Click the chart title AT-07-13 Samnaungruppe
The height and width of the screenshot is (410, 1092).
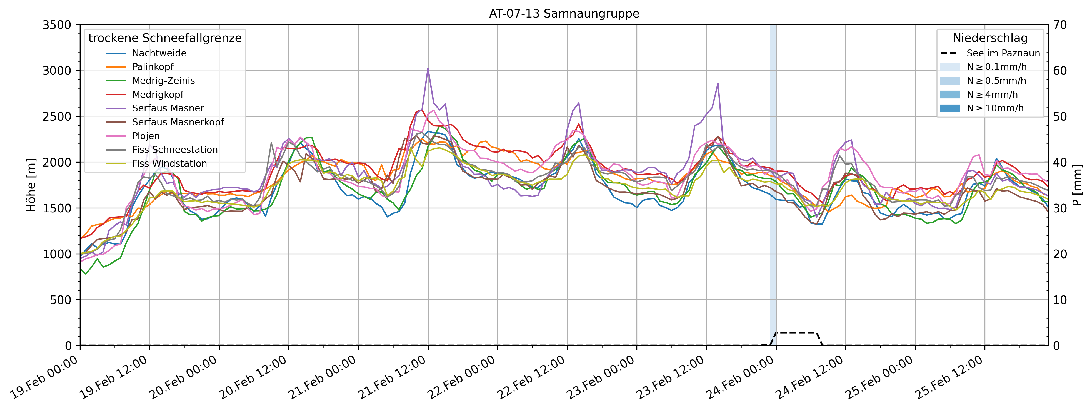pyautogui.click(x=564, y=14)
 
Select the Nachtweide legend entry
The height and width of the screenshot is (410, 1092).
pyautogui.click(x=159, y=53)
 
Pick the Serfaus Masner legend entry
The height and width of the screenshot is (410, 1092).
pyautogui.click(x=168, y=108)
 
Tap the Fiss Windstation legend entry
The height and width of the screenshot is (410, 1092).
pyautogui.click(x=169, y=164)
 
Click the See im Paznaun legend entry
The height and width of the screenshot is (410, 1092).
pyautogui.click(x=1003, y=53)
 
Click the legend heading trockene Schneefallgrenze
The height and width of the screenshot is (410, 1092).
pyautogui.click(x=165, y=38)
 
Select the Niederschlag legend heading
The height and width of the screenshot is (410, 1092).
pyautogui.click(x=990, y=38)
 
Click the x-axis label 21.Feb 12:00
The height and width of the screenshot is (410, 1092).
pyautogui.click(x=392, y=378)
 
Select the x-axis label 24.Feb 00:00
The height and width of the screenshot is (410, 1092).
pyautogui.click(x=740, y=378)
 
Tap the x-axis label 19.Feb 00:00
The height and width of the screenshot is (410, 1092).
pyautogui.click(x=44, y=378)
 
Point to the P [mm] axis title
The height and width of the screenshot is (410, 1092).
pyautogui.click(x=1077, y=185)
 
